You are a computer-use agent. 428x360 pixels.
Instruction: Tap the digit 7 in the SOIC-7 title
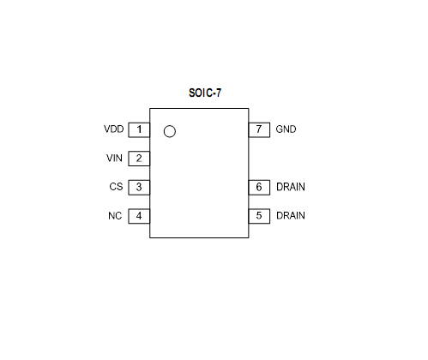[x=219, y=93]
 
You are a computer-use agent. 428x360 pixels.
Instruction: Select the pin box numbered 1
[x=139, y=130]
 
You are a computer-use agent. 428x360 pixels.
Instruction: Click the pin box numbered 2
[x=139, y=159]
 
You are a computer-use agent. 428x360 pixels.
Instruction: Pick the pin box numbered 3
[x=139, y=188]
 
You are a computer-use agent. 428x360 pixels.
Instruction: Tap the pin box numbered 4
[x=139, y=216]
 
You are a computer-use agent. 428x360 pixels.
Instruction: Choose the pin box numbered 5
[x=259, y=216]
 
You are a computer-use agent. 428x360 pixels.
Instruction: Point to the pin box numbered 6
[x=259, y=188]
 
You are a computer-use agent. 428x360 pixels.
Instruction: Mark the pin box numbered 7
[x=259, y=130]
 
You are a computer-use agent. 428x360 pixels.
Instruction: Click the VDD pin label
[x=114, y=129]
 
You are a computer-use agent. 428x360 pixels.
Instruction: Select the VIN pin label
[x=114, y=158]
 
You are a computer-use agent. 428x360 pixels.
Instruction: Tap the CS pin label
[x=116, y=187]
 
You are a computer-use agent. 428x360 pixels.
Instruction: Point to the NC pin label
[x=115, y=216]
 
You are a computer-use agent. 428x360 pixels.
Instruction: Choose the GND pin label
[x=286, y=129]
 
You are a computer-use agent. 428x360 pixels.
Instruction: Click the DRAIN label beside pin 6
[x=291, y=187]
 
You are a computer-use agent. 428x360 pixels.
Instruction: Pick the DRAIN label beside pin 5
[x=291, y=215]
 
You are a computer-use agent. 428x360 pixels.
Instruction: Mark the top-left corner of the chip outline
[x=150, y=109]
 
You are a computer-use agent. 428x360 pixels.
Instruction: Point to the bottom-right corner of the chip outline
[x=249, y=237]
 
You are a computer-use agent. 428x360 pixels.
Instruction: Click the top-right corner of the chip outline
[x=249, y=109]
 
